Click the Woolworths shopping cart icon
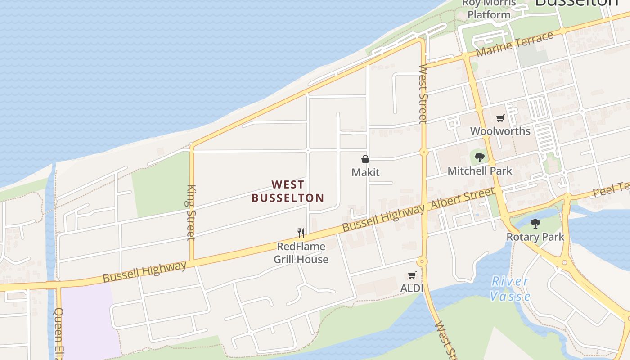(500, 118)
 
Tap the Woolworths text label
(500, 131)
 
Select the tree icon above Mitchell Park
(480, 157)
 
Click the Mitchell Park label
(480, 171)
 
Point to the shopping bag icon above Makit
(365, 159)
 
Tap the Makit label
(365, 172)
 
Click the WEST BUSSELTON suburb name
(288, 191)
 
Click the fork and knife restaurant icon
(301, 233)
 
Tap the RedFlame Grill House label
(301, 253)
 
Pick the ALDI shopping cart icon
(412, 275)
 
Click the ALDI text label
(412, 288)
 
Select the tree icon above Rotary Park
(535, 224)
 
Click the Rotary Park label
(535, 237)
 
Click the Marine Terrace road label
(514, 44)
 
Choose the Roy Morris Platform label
(489, 9)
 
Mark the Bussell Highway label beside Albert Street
(383, 218)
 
